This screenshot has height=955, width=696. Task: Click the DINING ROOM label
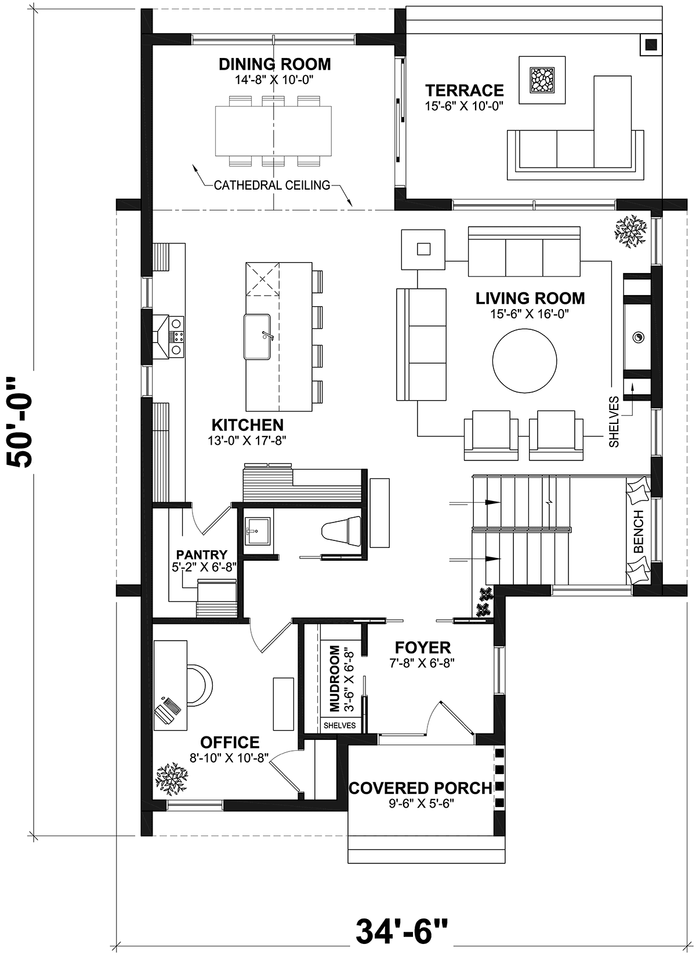click(275, 64)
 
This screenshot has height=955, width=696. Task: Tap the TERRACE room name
click(465, 90)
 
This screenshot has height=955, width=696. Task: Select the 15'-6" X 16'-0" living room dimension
click(530, 314)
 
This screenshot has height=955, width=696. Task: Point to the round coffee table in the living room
click(524, 361)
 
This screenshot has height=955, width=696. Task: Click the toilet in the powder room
click(341, 531)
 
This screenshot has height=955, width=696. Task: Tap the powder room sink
click(257, 531)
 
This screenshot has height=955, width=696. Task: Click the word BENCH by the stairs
click(639, 531)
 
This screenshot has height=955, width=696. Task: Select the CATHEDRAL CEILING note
click(272, 186)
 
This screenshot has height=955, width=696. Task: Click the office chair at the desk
click(201, 685)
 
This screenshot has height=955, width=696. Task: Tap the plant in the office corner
click(172, 779)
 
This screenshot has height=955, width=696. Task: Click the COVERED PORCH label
click(420, 789)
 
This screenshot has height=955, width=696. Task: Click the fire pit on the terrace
click(542, 80)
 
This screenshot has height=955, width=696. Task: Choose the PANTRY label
click(202, 554)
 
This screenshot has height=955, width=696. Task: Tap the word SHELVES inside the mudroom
click(339, 725)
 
